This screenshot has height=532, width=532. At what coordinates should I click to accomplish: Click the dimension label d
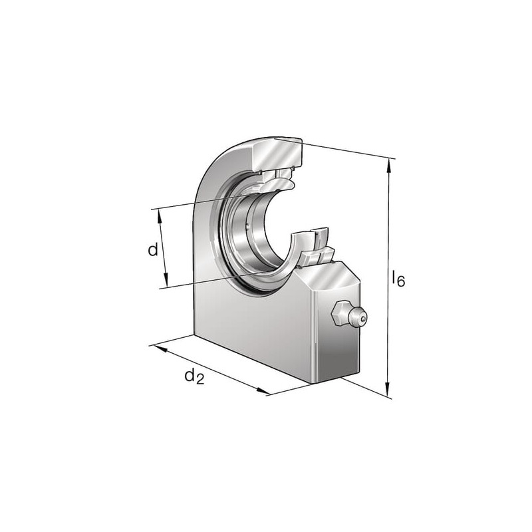153,250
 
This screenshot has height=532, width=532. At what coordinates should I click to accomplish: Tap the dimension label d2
194,376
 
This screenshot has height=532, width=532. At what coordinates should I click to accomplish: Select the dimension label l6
398,278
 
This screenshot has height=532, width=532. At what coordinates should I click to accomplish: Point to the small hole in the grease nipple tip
363,319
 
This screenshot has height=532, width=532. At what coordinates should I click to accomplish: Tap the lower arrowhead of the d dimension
166,280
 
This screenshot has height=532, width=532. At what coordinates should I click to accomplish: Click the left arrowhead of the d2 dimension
160,348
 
